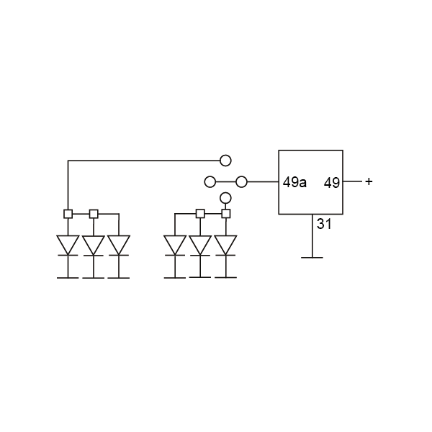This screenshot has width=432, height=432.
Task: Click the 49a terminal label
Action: tap(294, 182)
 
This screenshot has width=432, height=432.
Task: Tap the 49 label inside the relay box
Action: tap(331, 182)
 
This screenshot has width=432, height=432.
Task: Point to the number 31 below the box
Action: tap(324, 224)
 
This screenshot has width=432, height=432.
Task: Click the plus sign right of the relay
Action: tap(369, 181)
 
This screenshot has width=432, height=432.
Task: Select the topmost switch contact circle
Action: tap(225, 161)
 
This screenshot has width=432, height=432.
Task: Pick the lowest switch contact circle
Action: tap(225, 198)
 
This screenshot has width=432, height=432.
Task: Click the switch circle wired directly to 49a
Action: tap(242, 181)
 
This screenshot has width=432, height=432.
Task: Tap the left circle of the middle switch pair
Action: tap(210, 181)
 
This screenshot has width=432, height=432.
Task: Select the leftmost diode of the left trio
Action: tap(68, 245)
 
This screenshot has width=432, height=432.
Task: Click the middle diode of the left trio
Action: tap(93, 245)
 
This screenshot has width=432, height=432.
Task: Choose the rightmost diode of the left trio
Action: tap(118, 245)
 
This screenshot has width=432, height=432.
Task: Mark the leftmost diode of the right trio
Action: tap(175, 245)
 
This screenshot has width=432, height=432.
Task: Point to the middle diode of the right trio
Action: tap(200, 245)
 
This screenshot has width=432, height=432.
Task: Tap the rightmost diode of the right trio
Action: tap(225, 245)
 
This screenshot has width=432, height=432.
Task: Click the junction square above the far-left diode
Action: tap(68, 214)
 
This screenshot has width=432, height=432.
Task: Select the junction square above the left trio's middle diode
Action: tap(93, 214)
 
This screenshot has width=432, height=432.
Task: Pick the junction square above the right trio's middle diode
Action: tap(200, 214)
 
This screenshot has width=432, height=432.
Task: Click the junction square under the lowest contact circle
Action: tap(225, 214)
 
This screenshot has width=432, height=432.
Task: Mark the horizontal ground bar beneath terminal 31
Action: tap(311, 256)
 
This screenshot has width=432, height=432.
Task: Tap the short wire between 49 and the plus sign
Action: tap(352, 182)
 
